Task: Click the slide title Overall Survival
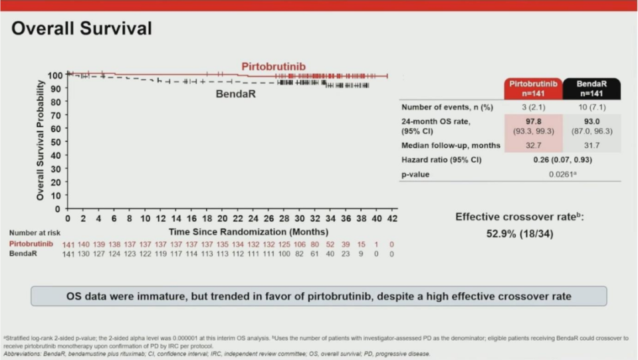82,29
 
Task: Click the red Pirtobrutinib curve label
277,67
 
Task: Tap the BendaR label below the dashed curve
237,94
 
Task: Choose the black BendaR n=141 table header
592,88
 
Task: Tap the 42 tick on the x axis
392,219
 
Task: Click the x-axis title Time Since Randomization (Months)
248,232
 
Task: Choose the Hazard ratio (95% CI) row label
441,160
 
